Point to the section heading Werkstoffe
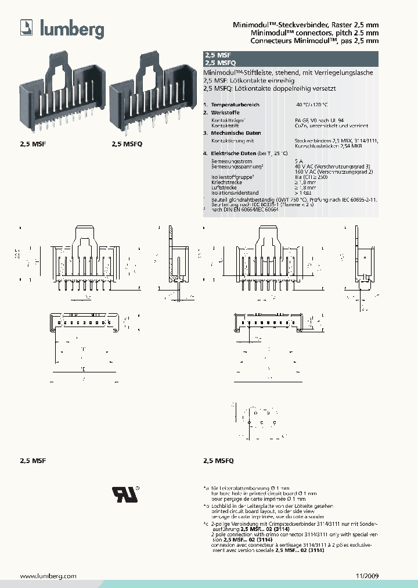(225, 112)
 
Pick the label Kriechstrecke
(227, 182)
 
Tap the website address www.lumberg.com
(49, 576)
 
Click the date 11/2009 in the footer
(366, 576)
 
